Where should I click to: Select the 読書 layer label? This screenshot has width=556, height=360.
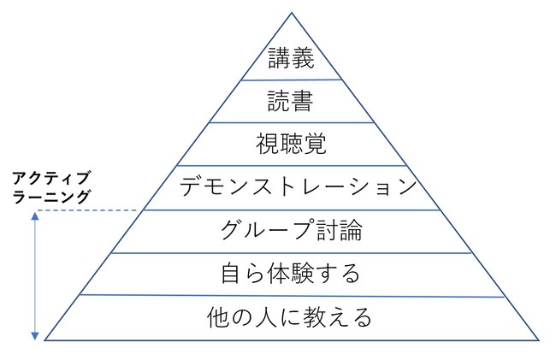tap(291, 103)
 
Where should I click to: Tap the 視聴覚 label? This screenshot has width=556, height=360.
tap(291, 144)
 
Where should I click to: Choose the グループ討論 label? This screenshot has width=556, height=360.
tap(291, 230)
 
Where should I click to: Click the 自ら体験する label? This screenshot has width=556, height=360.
tap(291, 274)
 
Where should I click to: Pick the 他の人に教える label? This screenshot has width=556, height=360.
tap(291, 318)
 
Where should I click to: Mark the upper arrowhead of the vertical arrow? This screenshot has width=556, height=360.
tap(36, 215)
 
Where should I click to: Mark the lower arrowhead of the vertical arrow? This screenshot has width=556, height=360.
tap(36, 336)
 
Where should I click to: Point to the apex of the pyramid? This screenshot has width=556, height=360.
tap(291, 13)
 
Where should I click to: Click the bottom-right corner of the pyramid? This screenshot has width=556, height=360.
tap(538, 340)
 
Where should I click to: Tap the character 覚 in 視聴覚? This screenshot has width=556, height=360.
tap(316, 144)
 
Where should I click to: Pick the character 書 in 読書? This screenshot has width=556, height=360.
tap(304, 103)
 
